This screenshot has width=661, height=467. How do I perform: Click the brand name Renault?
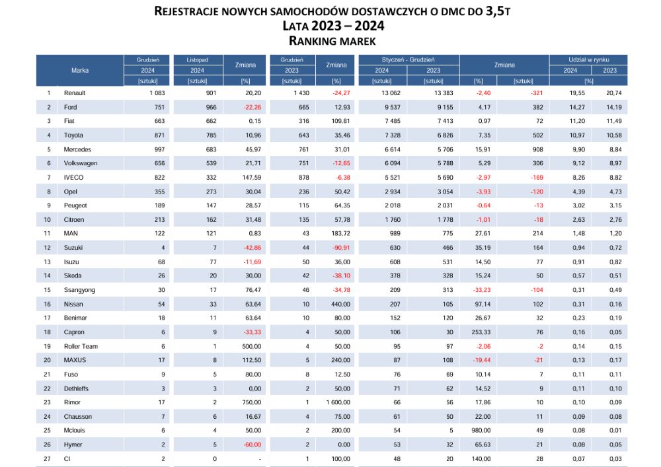tap(75, 93)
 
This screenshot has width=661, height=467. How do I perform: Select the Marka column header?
tap(80, 70)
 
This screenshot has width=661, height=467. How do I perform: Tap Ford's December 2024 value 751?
tap(159, 108)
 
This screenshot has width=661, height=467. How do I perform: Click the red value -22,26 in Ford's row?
tap(252, 108)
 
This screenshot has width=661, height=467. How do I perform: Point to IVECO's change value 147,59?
tap(252, 178)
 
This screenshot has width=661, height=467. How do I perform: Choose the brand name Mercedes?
tap(77, 149)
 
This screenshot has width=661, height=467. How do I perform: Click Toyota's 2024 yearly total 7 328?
tap(392, 135)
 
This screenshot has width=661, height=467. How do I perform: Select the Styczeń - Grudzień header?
tap(408, 60)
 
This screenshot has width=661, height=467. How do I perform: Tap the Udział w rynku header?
tap(588, 60)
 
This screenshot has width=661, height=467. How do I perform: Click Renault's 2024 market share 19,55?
tap(576, 93)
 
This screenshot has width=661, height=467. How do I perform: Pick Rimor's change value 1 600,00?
tap(338, 402)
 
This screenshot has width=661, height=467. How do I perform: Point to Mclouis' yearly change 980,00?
tap(481, 431)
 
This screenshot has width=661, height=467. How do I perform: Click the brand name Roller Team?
tap(81, 346)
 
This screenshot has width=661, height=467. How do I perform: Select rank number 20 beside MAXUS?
tap(47, 360)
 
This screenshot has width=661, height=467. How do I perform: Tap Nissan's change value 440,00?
tap(340, 304)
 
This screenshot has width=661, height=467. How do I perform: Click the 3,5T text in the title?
tap(498, 11)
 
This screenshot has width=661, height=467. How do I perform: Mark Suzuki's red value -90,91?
tap(341, 248)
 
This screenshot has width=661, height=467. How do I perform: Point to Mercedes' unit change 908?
tap(537, 149)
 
